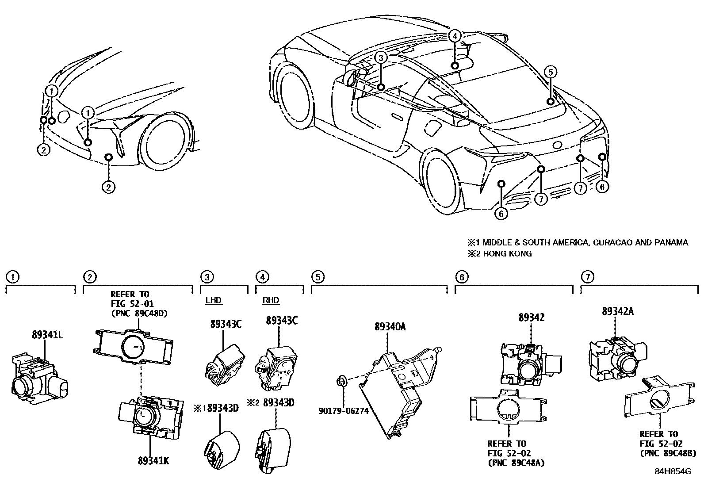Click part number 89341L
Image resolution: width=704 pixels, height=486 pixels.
click(47, 335)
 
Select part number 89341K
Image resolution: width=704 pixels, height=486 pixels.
click(153, 461)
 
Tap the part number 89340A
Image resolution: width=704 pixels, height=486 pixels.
click(390, 327)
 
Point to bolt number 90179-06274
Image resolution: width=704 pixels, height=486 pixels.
click(344, 411)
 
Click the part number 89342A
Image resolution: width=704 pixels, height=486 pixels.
click(617, 311)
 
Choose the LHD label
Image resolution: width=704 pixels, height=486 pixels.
click(214, 300)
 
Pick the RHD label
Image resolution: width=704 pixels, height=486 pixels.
click(271, 300)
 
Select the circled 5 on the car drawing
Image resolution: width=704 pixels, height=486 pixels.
click(550, 72)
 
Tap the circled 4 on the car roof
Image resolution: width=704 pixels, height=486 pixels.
click(455, 36)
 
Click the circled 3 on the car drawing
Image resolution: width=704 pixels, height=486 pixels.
click(382, 57)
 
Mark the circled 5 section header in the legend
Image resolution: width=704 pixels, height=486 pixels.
click(318, 277)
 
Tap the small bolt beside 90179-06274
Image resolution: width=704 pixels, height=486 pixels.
click(341, 380)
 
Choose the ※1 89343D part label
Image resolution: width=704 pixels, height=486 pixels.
click(216, 407)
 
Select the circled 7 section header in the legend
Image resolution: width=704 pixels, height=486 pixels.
click(587, 277)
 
